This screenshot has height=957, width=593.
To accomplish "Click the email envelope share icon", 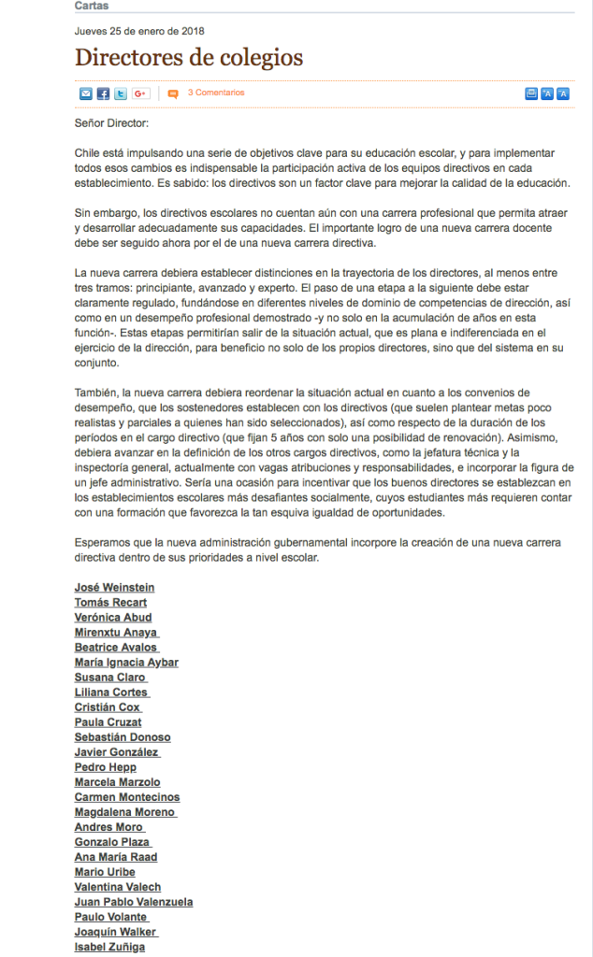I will tap(86, 93).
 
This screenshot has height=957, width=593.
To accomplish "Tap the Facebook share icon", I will tap(104, 93).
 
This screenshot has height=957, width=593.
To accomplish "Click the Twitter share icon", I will tap(121, 93).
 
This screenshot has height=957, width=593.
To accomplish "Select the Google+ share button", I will tap(141, 93).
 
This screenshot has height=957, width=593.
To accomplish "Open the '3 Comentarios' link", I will tap(215, 93).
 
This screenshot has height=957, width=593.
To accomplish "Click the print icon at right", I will tap(531, 93).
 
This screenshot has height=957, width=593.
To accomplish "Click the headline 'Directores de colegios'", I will tap(189, 57).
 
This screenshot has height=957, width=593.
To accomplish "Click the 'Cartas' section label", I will tap(91, 6).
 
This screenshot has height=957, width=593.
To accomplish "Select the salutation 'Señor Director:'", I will tap(110, 122).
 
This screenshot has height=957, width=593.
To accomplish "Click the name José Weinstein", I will tap(114, 587).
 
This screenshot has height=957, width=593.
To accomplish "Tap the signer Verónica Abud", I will tap(113, 617).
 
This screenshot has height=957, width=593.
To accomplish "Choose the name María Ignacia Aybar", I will tap(126, 662).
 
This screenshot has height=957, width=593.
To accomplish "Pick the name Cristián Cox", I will tap(108, 707).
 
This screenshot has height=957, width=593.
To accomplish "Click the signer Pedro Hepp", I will tap(105, 767).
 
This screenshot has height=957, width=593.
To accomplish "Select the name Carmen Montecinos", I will tap(127, 797).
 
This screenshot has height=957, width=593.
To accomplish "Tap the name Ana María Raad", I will tap(116, 857).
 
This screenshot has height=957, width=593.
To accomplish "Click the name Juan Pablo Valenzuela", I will tap(134, 902).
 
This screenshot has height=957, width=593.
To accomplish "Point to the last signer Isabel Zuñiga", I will tap(109, 947).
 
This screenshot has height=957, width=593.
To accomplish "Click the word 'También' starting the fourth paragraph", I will tap(96, 393).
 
